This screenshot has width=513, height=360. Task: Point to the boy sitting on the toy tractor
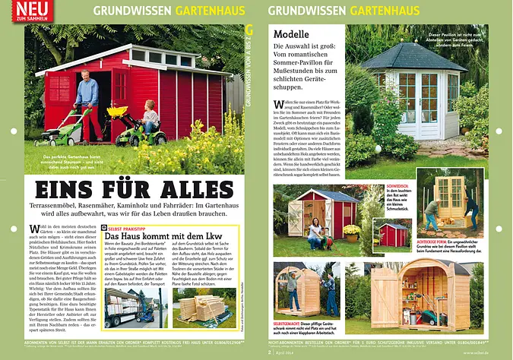coord(149,120)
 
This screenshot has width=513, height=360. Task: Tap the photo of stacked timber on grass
coord(203,307)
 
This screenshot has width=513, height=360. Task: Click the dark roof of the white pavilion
coord(413,57)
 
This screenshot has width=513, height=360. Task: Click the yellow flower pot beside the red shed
coord(350,230)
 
